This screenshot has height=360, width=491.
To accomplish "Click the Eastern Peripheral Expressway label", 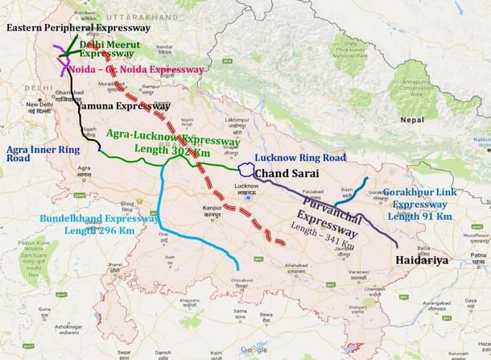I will coord(77,27).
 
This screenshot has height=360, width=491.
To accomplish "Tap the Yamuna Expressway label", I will coord(123,106).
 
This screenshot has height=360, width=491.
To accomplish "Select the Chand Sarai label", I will coord(289,173).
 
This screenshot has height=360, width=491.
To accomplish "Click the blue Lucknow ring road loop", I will coord(245,170).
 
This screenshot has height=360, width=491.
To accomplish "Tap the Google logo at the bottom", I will coord(254,350).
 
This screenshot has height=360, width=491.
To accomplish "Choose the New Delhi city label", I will coord(38,104).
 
